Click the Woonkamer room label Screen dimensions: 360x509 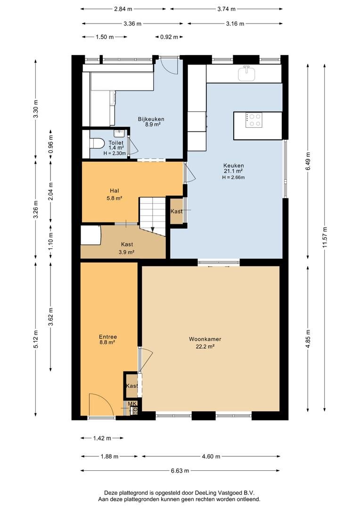205,339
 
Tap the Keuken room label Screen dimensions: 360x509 233,165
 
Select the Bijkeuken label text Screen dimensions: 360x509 151,119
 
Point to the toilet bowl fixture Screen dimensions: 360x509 97,143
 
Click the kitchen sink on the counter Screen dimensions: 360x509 247,74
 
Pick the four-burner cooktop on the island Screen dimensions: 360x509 254,120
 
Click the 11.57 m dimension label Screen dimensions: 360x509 325,237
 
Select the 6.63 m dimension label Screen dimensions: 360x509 180,470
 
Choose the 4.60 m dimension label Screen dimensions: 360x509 211,456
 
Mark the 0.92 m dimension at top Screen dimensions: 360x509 169,37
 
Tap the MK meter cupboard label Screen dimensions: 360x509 132,403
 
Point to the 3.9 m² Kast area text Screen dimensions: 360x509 127,252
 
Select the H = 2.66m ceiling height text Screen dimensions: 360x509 233,177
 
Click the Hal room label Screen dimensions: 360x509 114,190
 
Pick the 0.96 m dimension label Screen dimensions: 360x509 50,143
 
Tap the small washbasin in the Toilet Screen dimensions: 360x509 120,133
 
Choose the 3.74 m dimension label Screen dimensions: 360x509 226,9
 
